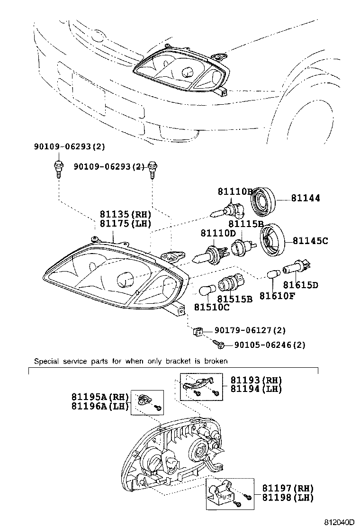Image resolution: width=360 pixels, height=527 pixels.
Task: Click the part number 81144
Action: point(305,199)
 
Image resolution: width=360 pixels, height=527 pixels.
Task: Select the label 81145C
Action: point(310,241)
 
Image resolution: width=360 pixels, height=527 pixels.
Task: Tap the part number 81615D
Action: point(300,285)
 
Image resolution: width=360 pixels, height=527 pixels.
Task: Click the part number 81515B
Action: point(234,299)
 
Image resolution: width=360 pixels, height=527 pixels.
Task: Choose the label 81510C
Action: point(211,308)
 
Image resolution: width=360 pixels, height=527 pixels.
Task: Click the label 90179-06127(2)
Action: point(249,330)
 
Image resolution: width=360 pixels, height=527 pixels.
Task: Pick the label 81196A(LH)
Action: point(100,406)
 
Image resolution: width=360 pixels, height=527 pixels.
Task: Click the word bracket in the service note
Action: point(179,361)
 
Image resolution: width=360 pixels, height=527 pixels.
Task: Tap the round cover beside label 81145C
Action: point(272,240)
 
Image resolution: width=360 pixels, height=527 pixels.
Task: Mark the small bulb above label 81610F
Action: point(272,275)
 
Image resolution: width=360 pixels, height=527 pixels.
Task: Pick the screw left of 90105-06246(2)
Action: point(219,344)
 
